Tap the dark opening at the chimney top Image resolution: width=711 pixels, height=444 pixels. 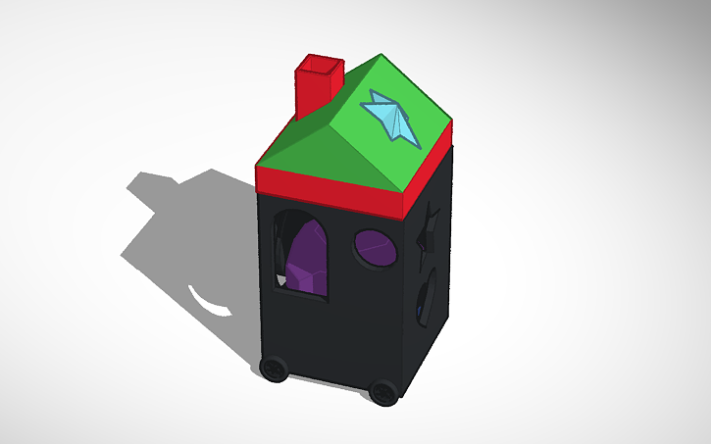(321, 66)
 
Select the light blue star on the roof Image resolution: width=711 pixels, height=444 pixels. (392, 115)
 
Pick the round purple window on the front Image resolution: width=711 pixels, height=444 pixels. (376, 249)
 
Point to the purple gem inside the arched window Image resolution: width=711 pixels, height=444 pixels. (307, 261)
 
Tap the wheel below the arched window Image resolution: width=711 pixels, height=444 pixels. (275, 370)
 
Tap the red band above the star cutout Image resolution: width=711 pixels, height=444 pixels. (431, 167)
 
